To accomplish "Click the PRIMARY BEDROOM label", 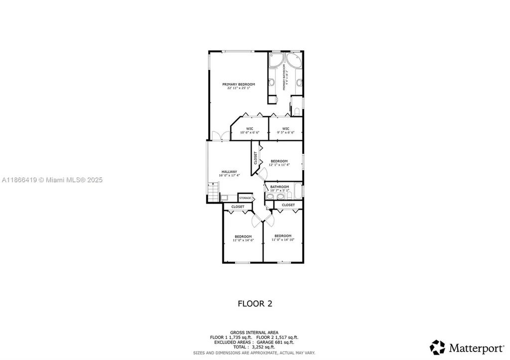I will pos(239,84).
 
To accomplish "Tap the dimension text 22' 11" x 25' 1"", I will pos(239,88).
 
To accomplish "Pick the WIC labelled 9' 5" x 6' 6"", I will pos(285,130).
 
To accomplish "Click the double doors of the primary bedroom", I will pos(220,135).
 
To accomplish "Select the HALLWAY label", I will pos(230,172).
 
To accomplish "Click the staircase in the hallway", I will pos(213,191).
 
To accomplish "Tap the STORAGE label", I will pos(245,198).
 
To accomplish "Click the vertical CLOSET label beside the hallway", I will pos(256,158).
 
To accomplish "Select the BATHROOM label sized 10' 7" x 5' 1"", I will pos(279,187).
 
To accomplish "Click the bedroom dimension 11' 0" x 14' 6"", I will pos(243,240).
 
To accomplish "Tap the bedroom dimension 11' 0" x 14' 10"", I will pos(283,240).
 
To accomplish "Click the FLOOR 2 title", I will pos(255,303).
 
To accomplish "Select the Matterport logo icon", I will pos(438,347).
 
